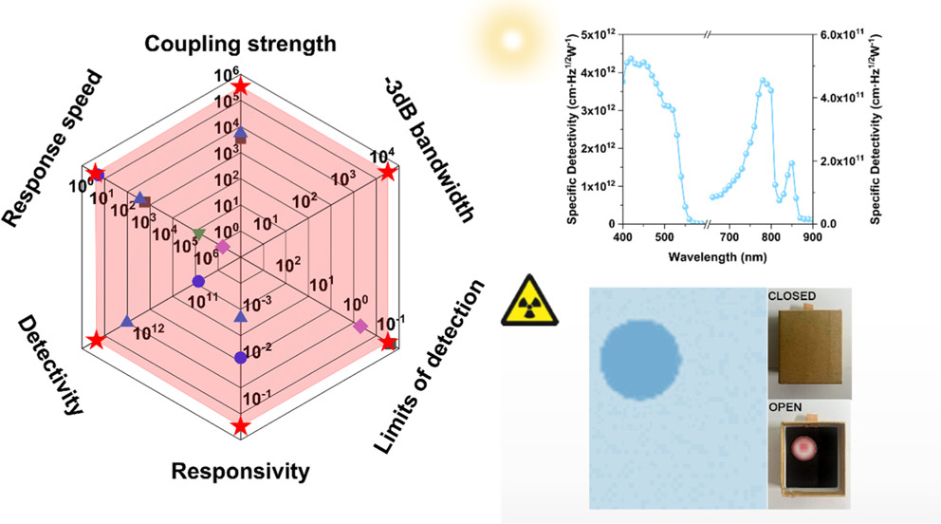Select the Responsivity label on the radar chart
pyautogui.click(x=241, y=471)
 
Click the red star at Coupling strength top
pyautogui.click(x=241, y=87)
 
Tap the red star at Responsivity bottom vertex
pyautogui.click(x=241, y=426)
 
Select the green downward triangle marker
pyautogui.click(x=198, y=233)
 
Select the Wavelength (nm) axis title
pyautogui.click(x=717, y=256)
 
